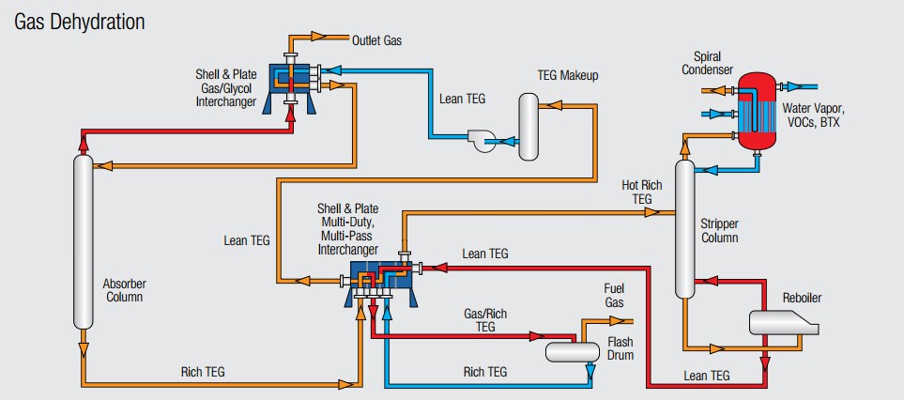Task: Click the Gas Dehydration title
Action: [x=79, y=21]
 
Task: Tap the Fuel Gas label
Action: [x=613, y=297]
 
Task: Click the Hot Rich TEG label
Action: [x=642, y=192]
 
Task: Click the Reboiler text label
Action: [x=802, y=299]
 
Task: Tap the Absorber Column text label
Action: [x=124, y=289]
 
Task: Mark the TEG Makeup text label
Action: [x=567, y=75]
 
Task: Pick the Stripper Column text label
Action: [x=720, y=231]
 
